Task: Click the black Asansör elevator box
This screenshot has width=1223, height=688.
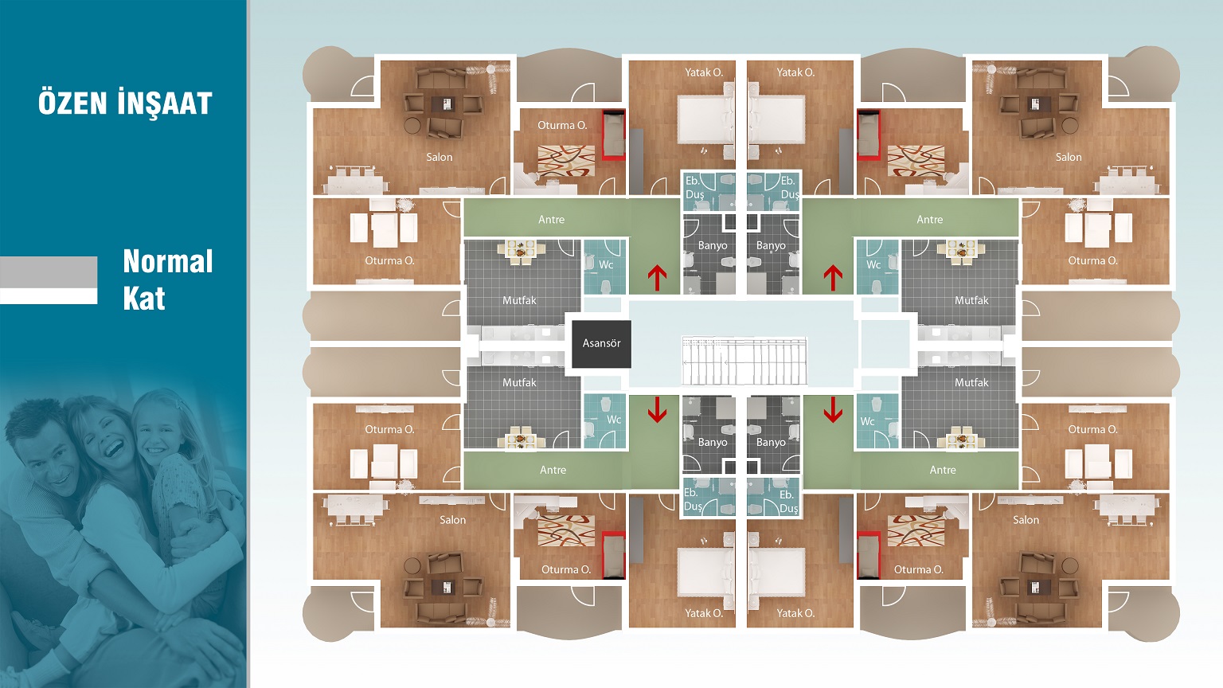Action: tap(601, 344)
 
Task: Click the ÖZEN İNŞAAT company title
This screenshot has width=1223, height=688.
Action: tap(125, 104)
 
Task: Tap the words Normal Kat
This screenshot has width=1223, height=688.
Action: tap(168, 279)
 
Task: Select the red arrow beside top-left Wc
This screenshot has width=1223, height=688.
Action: tap(657, 278)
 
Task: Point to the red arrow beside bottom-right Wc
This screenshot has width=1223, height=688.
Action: tap(833, 410)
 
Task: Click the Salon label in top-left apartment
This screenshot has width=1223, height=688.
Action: tap(440, 157)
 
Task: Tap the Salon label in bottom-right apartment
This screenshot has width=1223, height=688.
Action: tap(1026, 520)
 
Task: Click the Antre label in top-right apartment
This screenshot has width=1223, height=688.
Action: tap(930, 220)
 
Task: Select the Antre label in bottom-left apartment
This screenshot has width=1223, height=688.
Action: tap(553, 470)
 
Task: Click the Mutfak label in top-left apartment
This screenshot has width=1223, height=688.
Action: tap(519, 300)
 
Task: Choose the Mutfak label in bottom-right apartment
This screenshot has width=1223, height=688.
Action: tap(971, 382)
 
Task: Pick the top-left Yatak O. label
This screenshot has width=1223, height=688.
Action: tap(704, 72)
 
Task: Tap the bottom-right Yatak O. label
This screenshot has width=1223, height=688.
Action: tap(795, 613)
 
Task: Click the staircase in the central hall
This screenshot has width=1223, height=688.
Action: tap(744, 361)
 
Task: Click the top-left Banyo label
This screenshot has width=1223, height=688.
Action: tap(713, 246)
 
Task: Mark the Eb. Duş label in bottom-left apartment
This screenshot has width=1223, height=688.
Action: tap(693, 499)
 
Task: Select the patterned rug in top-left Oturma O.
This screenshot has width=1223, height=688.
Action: tap(566, 161)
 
